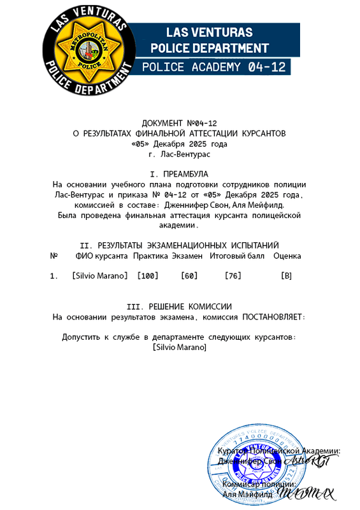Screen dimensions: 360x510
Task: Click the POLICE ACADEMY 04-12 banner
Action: point(214,67)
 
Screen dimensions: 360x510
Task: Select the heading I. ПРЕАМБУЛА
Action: point(179,173)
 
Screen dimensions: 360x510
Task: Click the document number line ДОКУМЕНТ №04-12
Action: point(180,122)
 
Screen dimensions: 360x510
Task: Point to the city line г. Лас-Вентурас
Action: point(179,154)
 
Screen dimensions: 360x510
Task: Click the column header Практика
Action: point(151,256)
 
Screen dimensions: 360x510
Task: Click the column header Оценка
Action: point(287,256)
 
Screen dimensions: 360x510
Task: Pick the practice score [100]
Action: point(148,275)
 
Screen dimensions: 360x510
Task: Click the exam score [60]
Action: point(189,275)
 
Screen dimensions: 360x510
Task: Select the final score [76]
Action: point(234,275)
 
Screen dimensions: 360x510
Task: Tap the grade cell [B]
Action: point(286,275)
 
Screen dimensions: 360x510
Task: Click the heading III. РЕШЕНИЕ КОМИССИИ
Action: point(179,307)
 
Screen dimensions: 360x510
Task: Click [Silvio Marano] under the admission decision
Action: point(180,347)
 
